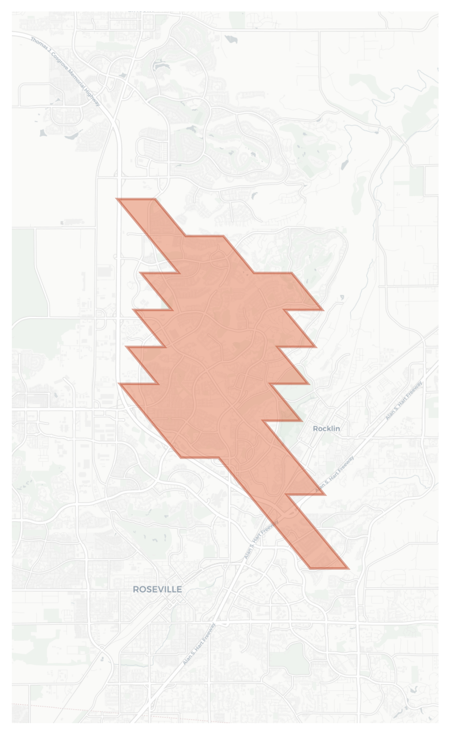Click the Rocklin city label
click(x=326, y=429)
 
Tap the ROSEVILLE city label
click(x=157, y=589)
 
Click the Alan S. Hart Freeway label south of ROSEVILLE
click(x=199, y=644)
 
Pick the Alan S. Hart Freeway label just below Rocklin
click(x=335, y=474)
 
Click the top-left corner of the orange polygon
click(x=117, y=199)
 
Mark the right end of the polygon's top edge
click(x=155, y=199)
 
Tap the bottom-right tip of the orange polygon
click(x=349, y=569)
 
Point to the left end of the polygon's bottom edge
click(x=309, y=569)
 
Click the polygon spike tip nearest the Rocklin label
click(x=302, y=421)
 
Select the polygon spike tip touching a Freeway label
click(x=325, y=494)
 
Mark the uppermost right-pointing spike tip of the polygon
click(x=323, y=310)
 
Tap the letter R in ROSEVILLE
click(x=135, y=589)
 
